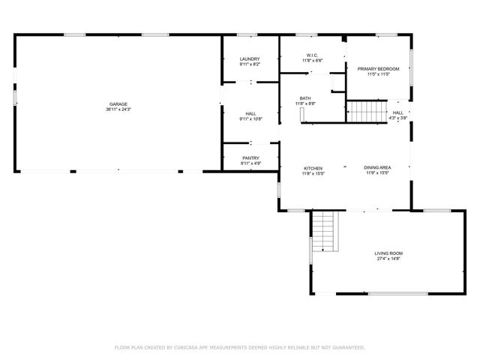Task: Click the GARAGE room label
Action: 118,103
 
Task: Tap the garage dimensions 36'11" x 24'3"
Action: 118,109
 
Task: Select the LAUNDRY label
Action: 250,59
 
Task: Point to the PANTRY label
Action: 250,157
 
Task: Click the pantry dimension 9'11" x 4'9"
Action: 250,163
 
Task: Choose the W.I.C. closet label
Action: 313,54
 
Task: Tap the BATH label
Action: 305,97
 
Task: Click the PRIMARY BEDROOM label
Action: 378,69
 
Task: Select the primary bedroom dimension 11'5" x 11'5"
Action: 378,74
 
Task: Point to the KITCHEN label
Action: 313,168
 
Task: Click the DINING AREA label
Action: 376,168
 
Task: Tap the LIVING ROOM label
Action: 388,253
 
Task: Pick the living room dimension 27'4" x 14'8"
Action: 388,259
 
